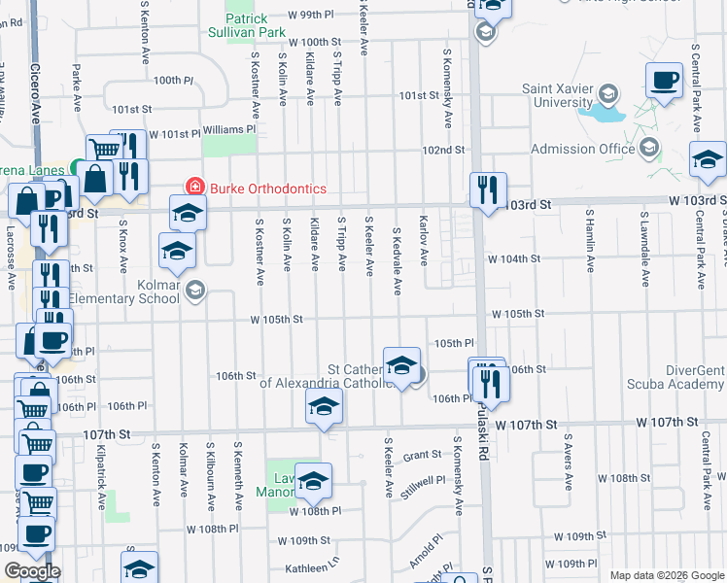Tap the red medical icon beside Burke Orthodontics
click(194, 187)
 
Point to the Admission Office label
click(583, 149)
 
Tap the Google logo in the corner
click(31, 571)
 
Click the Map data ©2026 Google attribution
click(666, 575)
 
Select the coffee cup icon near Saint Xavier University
click(665, 81)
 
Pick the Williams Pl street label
click(228, 129)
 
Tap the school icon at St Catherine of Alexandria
click(401, 366)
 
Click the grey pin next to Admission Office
click(649, 149)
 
